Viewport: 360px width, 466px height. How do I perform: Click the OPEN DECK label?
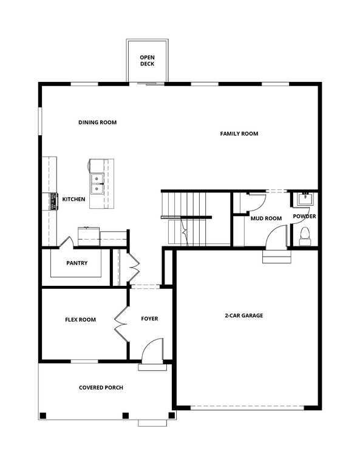[148, 60]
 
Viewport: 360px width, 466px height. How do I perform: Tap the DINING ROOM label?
[97, 123]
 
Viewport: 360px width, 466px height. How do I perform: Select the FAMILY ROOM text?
[239, 133]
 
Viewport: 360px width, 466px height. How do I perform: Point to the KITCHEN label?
[73, 199]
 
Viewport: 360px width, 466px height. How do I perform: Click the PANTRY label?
[77, 263]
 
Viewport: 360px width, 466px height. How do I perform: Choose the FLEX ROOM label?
[81, 320]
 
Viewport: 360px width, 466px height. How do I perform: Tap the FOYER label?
[149, 319]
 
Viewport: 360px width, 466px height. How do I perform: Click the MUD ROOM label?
[267, 218]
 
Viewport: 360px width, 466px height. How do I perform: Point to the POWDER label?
[304, 217]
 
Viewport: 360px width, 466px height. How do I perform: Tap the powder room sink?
[304, 199]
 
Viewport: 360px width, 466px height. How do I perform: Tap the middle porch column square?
[126, 416]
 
